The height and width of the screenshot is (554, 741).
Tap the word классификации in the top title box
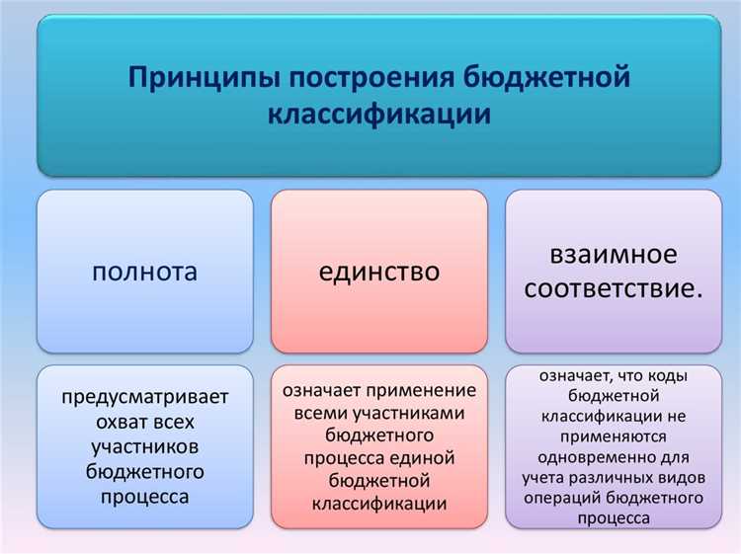point(379,115)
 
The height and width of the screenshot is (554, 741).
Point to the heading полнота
point(145,272)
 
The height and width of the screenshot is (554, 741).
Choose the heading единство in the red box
point(379,272)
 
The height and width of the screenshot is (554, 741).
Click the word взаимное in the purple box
point(614,254)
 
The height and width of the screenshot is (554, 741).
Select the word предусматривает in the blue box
point(145,398)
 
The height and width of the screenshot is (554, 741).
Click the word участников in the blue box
point(145,447)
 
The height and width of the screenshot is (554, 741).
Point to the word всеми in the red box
point(320,413)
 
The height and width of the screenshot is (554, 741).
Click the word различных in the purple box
point(623,477)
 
